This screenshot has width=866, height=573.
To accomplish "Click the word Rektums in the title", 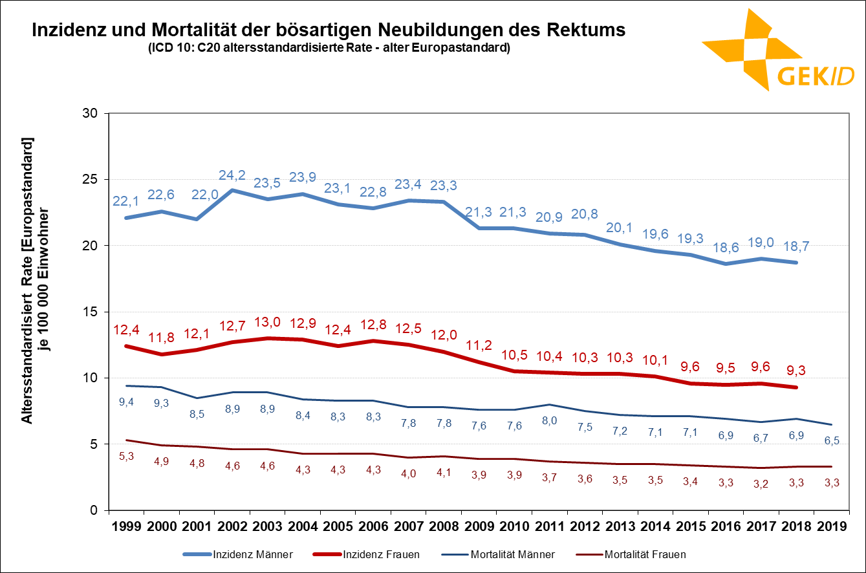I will tap(585, 30).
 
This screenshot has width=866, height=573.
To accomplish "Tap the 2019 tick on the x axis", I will tap(832, 526).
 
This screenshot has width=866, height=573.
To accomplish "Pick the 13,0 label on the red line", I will tap(268, 322).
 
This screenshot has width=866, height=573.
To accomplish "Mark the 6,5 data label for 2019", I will tap(832, 440).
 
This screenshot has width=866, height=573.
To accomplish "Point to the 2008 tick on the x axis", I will tap(443, 526).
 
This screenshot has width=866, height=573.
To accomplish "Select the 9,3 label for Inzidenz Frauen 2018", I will tap(796, 371).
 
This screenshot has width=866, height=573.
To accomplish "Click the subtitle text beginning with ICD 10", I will tap(329, 48).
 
